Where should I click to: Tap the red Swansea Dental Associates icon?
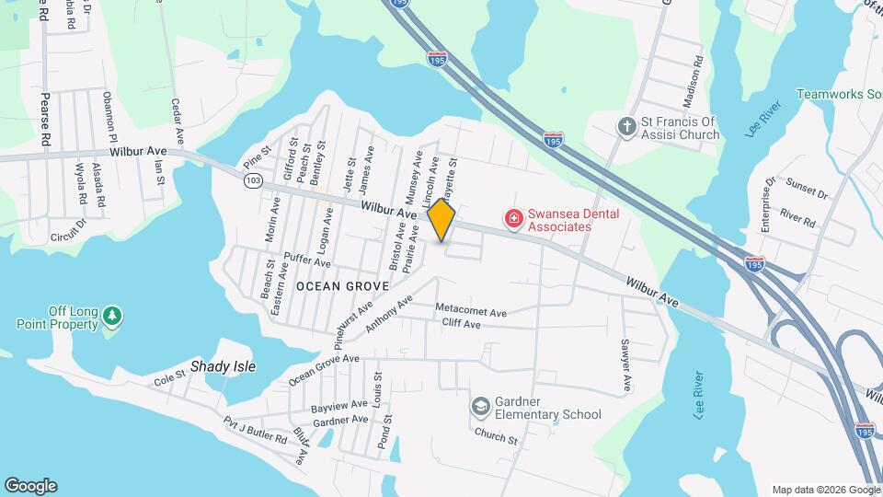[x=513, y=219]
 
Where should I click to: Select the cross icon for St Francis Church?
[x=626, y=126]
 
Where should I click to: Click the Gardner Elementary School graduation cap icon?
[x=480, y=406]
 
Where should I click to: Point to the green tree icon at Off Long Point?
[x=112, y=317]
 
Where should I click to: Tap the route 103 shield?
[x=251, y=182]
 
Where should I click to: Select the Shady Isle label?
[x=223, y=366]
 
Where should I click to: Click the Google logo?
[x=30, y=486]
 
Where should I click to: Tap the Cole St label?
[x=169, y=378]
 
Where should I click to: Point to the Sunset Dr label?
[x=808, y=193]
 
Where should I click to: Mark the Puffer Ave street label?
[x=307, y=261]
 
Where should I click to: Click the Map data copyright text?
[x=824, y=489]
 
